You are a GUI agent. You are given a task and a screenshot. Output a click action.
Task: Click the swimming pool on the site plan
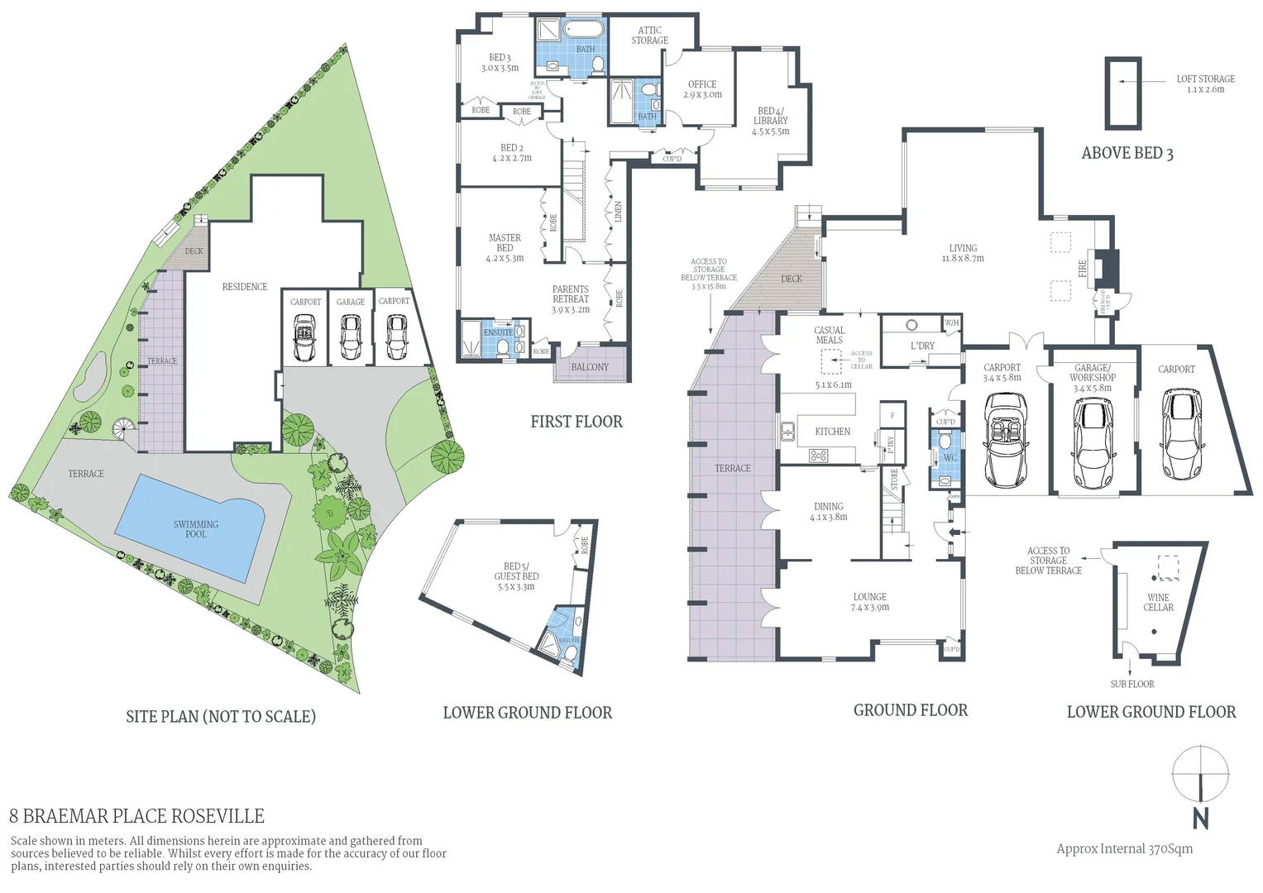pyautogui.click(x=196, y=529)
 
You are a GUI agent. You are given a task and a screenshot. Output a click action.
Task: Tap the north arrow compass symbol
pyautogui.click(x=1200, y=774)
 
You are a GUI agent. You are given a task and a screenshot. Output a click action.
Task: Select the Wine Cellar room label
pyautogui.click(x=1158, y=602)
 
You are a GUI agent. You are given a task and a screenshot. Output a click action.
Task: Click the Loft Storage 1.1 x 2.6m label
pyautogui.click(x=1205, y=84)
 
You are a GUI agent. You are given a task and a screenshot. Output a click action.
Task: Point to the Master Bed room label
pyautogui.click(x=505, y=247)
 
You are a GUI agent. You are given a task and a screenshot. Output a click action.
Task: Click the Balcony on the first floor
pyautogui.click(x=590, y=367)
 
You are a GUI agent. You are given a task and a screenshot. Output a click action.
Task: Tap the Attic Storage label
pyautogui.click(x=649, y=35)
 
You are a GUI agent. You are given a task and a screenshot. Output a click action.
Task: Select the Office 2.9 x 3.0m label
pyautogui.click(x=702, y=89)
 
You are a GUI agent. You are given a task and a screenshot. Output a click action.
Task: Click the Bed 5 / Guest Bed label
pyautogui.click(x=516, y=576)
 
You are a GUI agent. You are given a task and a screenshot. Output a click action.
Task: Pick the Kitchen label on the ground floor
pyautogui.click(x=832, y=432)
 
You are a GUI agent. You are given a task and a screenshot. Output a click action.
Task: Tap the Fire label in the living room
pyautogui.click(x=1083, y=268)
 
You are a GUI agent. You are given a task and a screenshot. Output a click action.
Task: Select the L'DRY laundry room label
pyautogui.click(x=922, y=346)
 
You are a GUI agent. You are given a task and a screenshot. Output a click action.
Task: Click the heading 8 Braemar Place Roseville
pyautogui.click(x=136, y=816)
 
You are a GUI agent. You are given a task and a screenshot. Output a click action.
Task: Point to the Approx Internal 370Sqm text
pyautogui.click(x=1124, y=848)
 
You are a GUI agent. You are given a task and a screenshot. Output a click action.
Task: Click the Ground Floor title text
pyautogui.click(x=910, y=710)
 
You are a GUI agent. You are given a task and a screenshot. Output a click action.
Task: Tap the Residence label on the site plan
pyautogui.click(x=244, y=287)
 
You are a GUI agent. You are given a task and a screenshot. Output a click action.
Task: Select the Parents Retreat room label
pyautogui.click(x=571, y=299)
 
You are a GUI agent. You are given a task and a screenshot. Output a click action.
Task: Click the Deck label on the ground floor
pyautogui.click(x=792, y=279)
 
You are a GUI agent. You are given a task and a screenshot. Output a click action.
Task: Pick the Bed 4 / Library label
pyautogui.click(x=770, y=121)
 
